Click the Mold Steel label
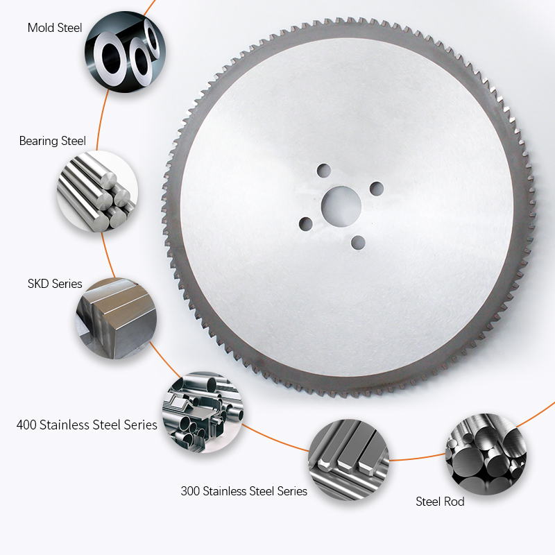click(55, 28)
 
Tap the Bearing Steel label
click(53, 142)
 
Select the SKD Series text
click(55, 284)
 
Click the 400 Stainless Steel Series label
click(87, 424)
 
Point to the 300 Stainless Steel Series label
click(244, 491)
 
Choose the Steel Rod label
click(440, 501)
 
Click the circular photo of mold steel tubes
click(125, 53)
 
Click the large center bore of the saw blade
click(341, 205)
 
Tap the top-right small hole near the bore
click(377, 188)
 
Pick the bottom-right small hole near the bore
click(359, 241)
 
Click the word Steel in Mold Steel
click(69, 28)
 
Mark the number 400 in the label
click(28, 424)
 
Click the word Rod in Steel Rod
click(455, 501)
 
